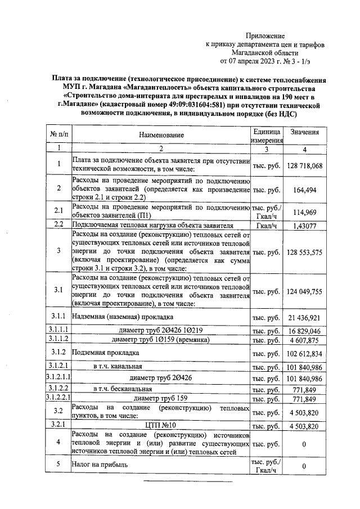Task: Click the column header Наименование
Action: [x=161, y=136]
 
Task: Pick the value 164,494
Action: [x=304, y=190]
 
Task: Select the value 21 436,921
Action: [x=304, y=318]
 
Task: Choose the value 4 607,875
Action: [x=304, y=340]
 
